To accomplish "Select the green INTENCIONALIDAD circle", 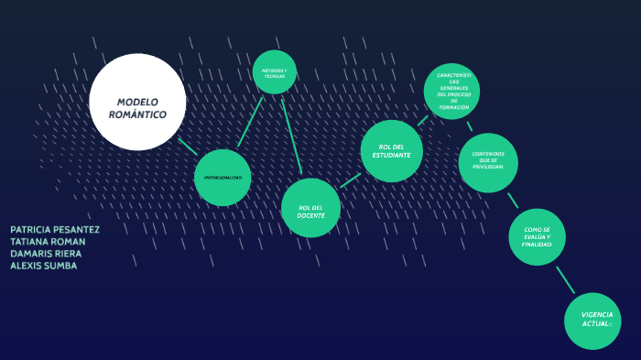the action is pos(223,177).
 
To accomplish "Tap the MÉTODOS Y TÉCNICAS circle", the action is pos(275,72).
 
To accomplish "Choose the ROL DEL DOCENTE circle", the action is pos(310,208).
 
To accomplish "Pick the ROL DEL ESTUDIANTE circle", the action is pos(392,150).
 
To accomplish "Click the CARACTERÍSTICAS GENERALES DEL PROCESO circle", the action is pos(452,92).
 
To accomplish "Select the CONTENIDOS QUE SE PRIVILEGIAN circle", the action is pos(488,163).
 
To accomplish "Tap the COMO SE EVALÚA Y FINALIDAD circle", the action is pos(538,236).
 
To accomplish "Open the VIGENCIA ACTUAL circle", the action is pos(593,321).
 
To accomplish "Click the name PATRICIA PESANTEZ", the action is pos(55,230).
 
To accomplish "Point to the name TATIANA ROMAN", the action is pos(48,242).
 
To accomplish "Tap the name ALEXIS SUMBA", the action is pos(43,266).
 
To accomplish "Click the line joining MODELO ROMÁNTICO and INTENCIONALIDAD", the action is pos(188,146).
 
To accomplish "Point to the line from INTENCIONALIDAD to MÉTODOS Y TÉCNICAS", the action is pos(250,122).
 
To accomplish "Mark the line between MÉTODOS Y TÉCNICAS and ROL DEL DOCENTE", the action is pos(291,135).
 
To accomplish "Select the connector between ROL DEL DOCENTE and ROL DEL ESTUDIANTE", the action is pos(351,180).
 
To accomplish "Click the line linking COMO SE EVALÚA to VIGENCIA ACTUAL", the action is pos(565,278).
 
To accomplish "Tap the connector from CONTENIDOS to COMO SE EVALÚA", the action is pos(513,200).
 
